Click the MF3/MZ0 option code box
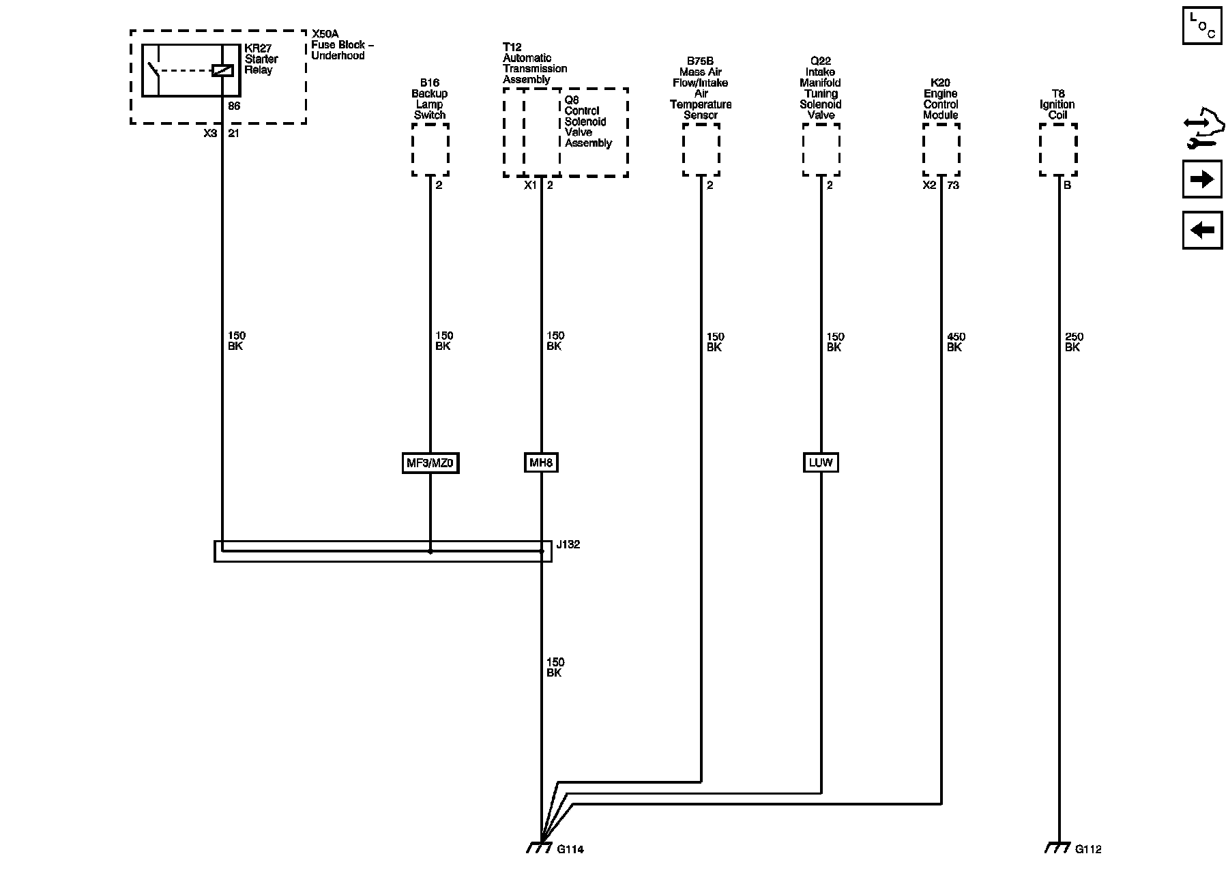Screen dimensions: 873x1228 pyautogui.click(x=430, y=463)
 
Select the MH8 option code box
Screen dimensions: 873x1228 pyautogui.click(x=541, y=463)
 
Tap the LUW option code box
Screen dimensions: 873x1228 pyautogui.click(x=820, y=462)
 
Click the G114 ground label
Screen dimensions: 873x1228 pyautogui.click(x=570, y=849)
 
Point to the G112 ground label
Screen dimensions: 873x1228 pyautogui.click(x=1088, y=849)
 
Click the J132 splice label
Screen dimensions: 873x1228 pyautogui.click(x=568, y=544)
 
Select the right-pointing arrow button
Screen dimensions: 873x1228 pyautogui.click(x=1201, y=179)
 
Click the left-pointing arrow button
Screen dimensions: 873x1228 pyautogui.click(x=1201, y=230)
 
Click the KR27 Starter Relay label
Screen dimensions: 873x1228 pyautogui.click(x=261, y=59)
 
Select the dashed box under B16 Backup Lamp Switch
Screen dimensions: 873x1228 pyautogui.click(x=430, y=150)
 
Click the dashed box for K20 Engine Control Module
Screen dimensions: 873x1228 pyautogui.click(x=941, y=150)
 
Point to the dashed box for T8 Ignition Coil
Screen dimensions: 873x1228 pyautogui.click(x=1058, y=150)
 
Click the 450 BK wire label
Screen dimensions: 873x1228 pyautogui.click(x=955, y=342)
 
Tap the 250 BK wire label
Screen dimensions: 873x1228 pyautogui.click(x=1073, y=342)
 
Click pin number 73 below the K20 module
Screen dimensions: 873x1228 pyautogui.click(x=953, y=185)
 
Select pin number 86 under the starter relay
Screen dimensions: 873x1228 pyautogui.click(x=234, y=106)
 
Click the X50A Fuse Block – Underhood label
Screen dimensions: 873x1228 pyautogui.click(x=342, y=45)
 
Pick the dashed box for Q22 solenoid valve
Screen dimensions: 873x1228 pyautogui.click(x=821, y=150)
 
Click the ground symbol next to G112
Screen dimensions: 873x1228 pyautogui.click(x=1058, y=847)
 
